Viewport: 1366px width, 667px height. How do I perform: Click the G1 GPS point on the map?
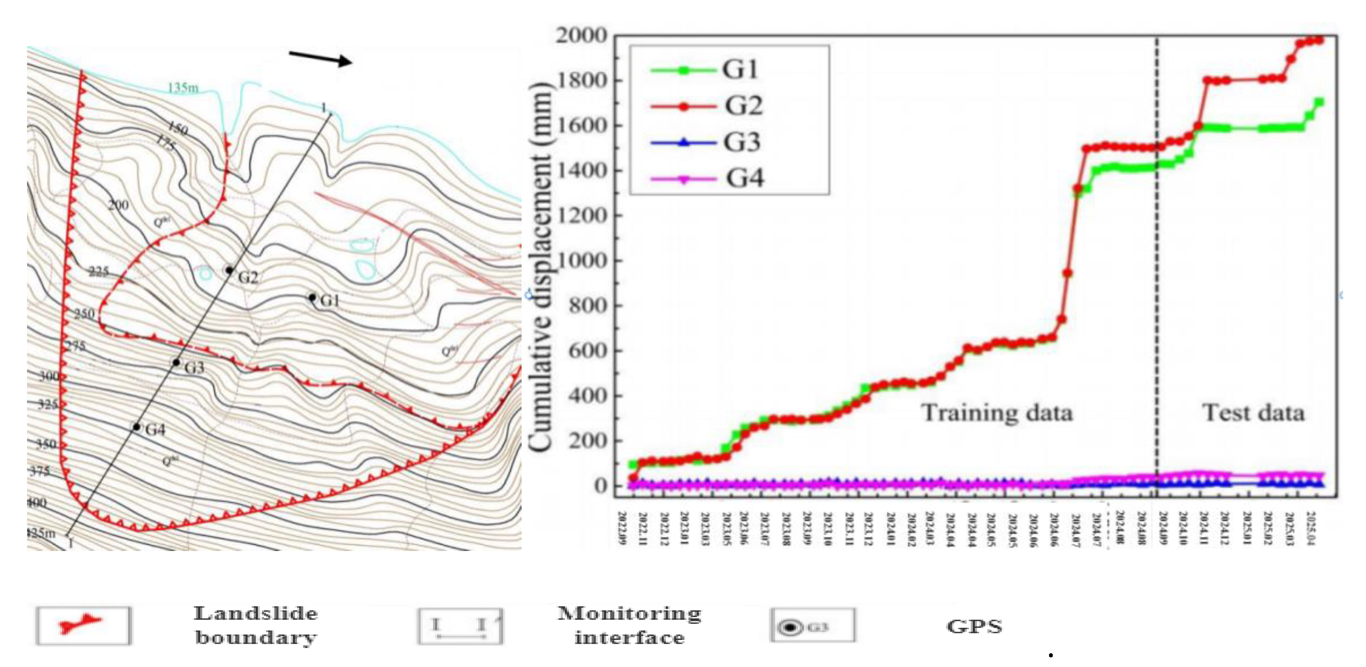[x=313, y=298]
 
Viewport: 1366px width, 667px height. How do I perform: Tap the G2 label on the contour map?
[x=247, y=277]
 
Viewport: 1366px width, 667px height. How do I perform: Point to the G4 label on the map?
[x=155, y=430]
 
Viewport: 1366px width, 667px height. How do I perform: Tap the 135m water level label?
[x=183, y=87]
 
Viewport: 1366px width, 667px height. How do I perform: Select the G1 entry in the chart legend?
[x=705, y=69]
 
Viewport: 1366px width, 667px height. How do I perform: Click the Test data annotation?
[x=1252, y=413]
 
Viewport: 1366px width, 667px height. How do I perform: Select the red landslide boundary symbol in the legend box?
[x=83, y=626]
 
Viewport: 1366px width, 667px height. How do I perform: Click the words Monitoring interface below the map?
[x=629, y=626]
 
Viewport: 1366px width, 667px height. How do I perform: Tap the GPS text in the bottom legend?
[x=974, y=627]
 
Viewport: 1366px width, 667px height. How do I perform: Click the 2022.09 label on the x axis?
[x=623, y=528]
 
